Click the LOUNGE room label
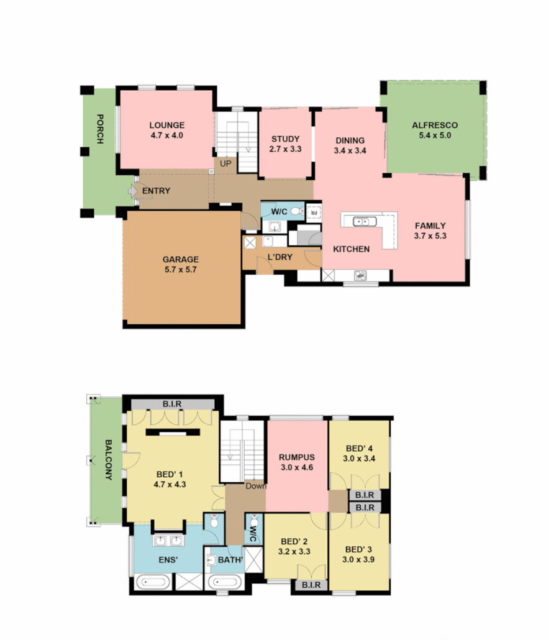coord(167,130)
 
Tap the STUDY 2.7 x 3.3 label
coord(286,144)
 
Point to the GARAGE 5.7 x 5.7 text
coord(181,264)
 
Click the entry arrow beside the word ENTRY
coord(132,191)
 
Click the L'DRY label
coord(280,257)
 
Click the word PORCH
coord(99,129)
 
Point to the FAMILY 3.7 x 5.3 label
coord(430,231)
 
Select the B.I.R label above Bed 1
coord(171,404)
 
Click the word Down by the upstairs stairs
coord(255,486)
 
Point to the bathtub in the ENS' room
coord(153,582)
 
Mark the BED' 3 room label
coord(358,554)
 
